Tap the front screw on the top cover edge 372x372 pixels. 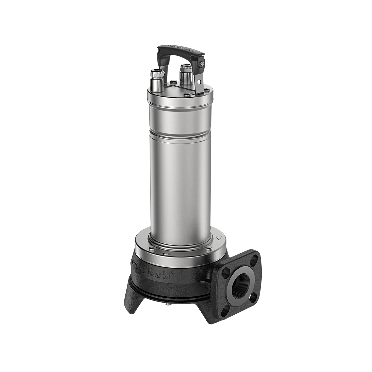pyautogui.click(x=186, y=94)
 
